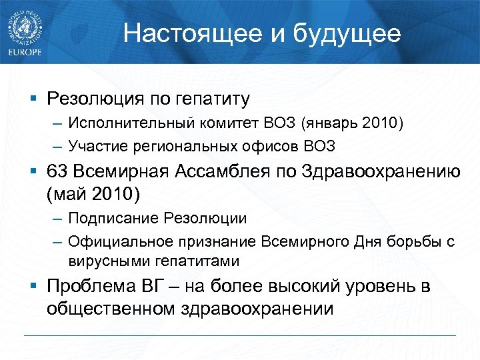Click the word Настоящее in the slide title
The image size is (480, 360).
pos(177,33)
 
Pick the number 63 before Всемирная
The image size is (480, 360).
pos(57,171)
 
